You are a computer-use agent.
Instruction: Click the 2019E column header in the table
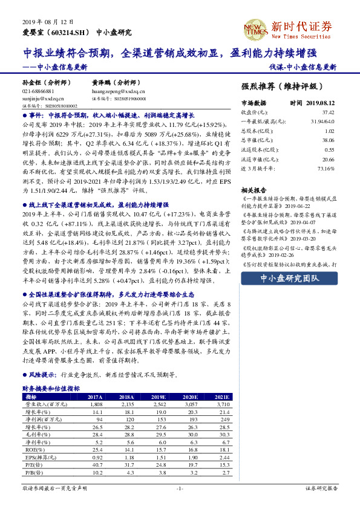[160, 397]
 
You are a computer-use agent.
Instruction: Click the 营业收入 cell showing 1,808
[96, 403]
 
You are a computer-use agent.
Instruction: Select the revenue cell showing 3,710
[221, 403]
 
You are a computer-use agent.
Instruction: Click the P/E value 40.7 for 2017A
[96, 465]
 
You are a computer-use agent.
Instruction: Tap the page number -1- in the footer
[180, 488]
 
